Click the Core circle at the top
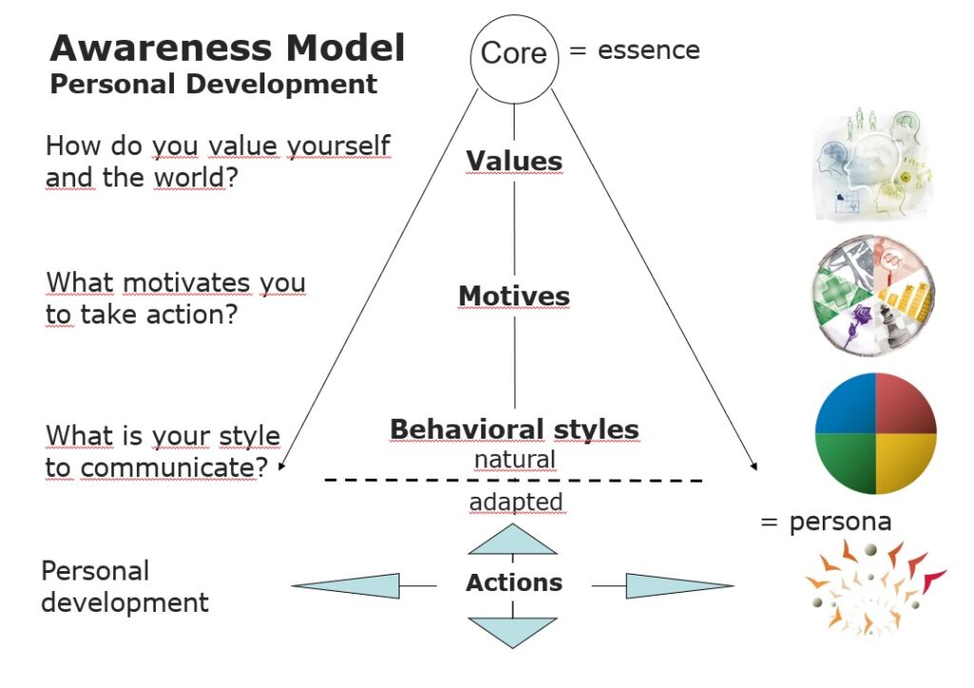[x=514, y=53]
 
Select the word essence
[x=649, y=50]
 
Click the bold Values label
[x=514, y=161]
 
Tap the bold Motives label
[x=514, y=296]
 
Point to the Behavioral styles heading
[x=514, y=429]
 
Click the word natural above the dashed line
[x=515, y=460]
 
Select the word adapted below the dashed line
[x=515, y=501]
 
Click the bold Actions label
[x=514, y=582]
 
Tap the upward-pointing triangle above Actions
[x=514, y=541]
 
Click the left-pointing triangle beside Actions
[x=352, y=585]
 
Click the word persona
[x=840, y=521]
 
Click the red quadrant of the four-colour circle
[x=905, y=404]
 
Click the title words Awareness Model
[x=227, y=48]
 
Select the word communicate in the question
[x=161, y=467]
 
